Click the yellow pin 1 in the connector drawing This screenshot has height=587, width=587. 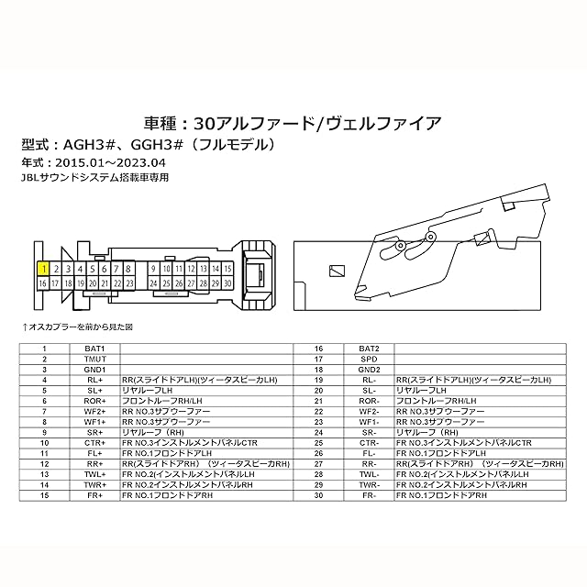[x=42, y=269]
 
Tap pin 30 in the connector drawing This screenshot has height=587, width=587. [x=227, y=284]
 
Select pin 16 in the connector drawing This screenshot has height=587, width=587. [x=42, y=284]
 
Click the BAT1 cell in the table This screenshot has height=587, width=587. [x=95, y=349]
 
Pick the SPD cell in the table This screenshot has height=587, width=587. [x=370, y=359]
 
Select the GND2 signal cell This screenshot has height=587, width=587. [x=370, y=369]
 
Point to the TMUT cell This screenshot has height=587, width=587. [x=95, y=359]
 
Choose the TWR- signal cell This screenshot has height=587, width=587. [x=370, y=484]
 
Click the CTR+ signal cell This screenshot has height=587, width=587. [x=95, y=442]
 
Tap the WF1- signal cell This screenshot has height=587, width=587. [x=370, y=422]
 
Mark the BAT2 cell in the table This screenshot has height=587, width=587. [x=370, y=349]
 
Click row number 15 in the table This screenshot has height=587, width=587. [x=43, y=494]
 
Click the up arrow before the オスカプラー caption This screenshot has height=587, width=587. [x=25, y=327]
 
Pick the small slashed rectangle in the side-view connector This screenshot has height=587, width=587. [x=338, y=269]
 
